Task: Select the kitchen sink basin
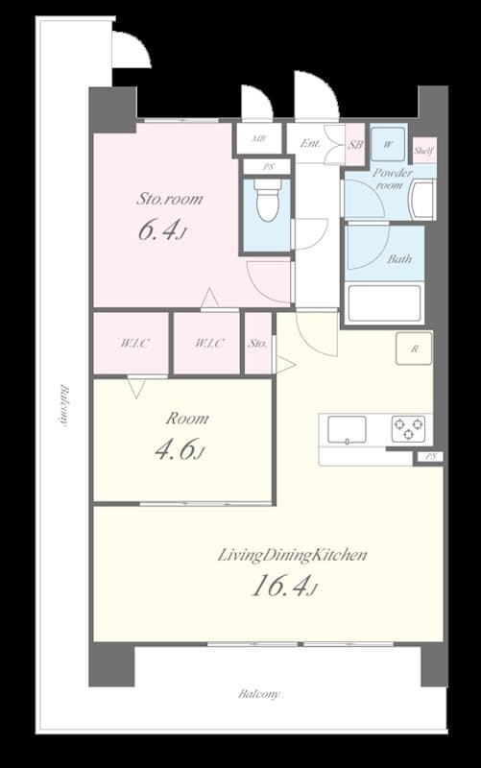click(346, 429)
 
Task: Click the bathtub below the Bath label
click(384, 303)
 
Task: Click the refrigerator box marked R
click(414, 348)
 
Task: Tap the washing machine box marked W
click(388, 144)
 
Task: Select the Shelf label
click(423, 151)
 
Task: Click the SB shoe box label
click(354, 145)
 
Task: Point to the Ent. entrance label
click(310, 144)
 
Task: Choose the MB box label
click(258, 139)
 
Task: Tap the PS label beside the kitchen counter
click(428, 457)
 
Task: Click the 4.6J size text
click(180, 448)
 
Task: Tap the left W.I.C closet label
click(132, 343)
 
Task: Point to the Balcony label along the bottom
click(259, 693)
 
